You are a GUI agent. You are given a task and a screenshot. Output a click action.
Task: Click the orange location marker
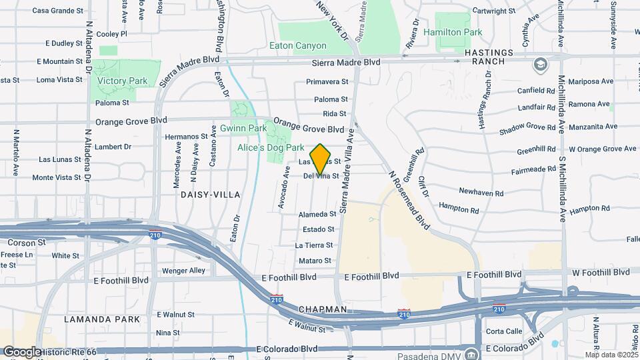(x=321, y=159)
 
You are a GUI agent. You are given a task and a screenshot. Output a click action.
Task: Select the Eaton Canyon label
(x=298, y=46)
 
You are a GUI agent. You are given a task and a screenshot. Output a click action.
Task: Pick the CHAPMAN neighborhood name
(x=323, y=310)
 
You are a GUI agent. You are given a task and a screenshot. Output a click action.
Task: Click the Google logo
(x=21, y=351)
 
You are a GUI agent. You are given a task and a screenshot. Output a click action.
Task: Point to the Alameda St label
(x=318, y=214)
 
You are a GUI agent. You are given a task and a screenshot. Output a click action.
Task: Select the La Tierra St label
(x=314, y=245)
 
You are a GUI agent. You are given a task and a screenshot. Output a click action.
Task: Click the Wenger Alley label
(x=183, y=271)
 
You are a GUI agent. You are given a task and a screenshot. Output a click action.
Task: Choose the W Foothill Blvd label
(x=601, y=272)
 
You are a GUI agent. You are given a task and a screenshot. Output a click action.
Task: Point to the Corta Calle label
(x=504, y=331)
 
